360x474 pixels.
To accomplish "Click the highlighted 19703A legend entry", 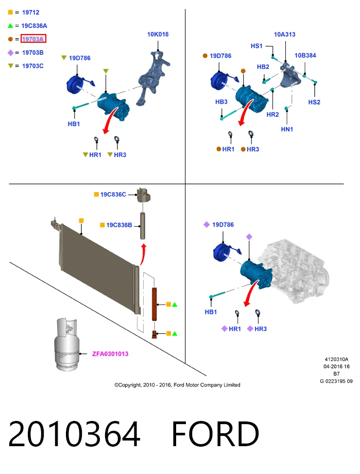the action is (x=33, y=39).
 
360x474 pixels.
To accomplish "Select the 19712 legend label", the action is (x=30, y=12).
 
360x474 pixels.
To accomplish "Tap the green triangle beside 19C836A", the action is (x=10, y=26).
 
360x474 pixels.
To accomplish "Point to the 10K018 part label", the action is (x=158, y=35).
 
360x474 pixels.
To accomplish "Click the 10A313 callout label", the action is (x=284, y=35).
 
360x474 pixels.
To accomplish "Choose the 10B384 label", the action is (x=305, y=55).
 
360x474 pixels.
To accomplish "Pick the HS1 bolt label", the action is (x=256, y=46).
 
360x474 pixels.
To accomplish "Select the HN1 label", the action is (x=287, y=129).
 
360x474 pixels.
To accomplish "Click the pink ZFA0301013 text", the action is (x=110, y=353).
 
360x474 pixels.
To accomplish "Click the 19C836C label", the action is (x=113, y=194).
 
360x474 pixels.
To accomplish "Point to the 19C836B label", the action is (x=119, y=225).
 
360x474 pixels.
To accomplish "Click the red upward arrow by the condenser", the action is (x=143, y=255).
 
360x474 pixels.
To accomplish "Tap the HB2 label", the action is (x=263, y=67).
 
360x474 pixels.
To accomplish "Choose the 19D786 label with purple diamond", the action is (x=223, y=225).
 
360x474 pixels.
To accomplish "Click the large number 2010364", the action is (x=74, y=434).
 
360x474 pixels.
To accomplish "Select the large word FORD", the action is (x=215, y=434).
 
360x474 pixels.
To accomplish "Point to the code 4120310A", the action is (x=336, y=359).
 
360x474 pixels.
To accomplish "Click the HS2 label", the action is (x=314, y=102).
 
